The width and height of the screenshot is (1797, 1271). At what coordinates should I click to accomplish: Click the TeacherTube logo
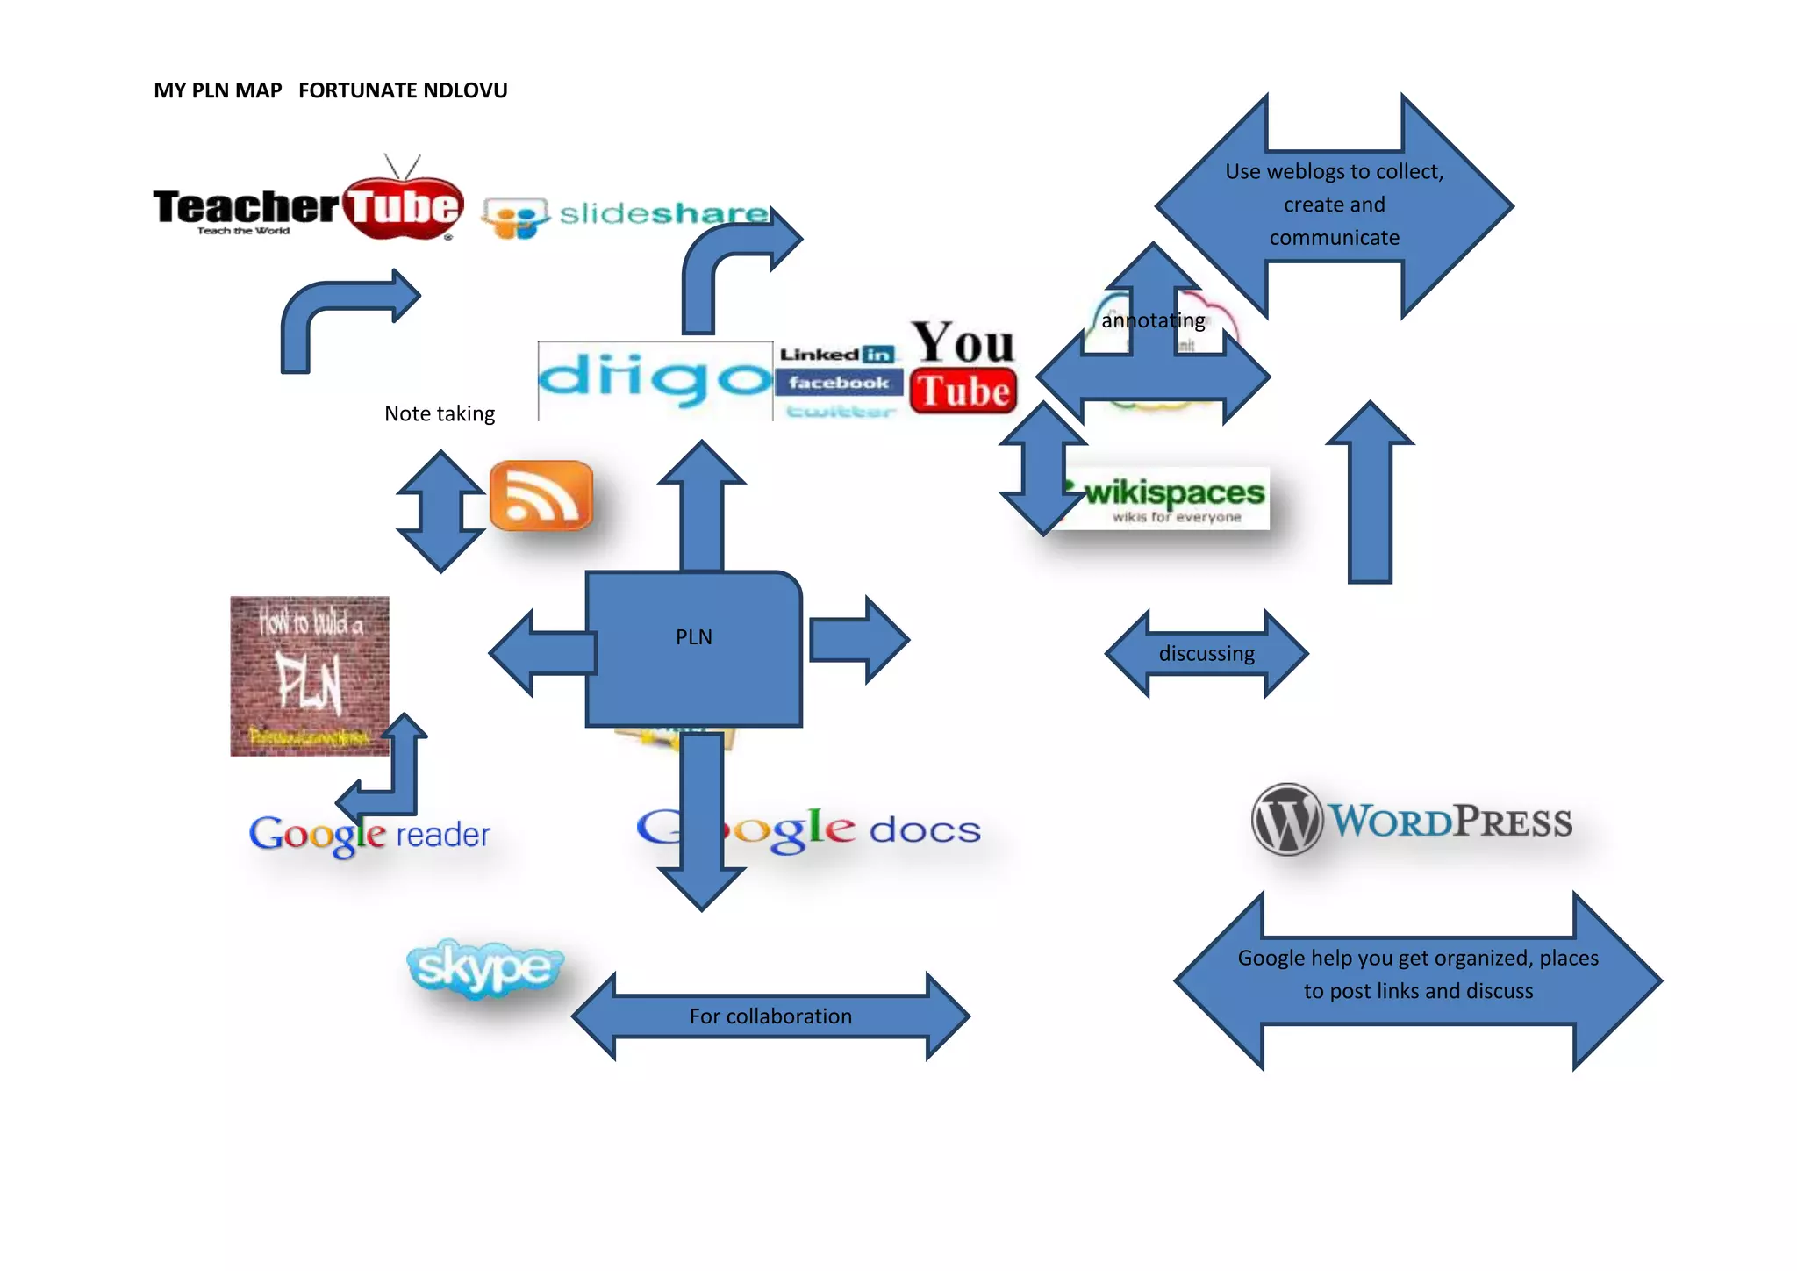[x=307, y=206]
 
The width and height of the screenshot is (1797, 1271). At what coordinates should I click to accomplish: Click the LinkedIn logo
[x=837, y=355]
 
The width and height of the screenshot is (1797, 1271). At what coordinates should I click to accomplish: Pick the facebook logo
[x=838, y=383]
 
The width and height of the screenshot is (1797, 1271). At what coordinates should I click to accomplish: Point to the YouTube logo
[x=963, y=367]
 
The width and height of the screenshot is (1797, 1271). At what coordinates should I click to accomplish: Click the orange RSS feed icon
[x=541, y=496]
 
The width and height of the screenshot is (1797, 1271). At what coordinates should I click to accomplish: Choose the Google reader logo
[x=369, y=834]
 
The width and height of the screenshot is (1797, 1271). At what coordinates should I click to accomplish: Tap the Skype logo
[x=484, y=967]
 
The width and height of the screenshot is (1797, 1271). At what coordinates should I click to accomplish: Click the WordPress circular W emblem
[x=1286, y=820]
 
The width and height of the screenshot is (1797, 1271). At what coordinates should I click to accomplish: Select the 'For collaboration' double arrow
[x=770, y=1016]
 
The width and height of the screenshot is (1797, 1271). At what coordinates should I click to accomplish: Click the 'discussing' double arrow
[x=1206, y=654]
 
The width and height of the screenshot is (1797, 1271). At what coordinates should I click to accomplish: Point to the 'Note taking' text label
[x=440, y=413]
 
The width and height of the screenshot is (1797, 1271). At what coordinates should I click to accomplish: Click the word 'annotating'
[x=1153, y=320]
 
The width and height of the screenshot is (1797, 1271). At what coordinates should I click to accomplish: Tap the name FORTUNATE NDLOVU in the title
[x=403, y=90]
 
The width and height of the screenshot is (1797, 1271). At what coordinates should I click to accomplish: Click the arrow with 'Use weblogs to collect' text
[x=1334, y=205]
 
